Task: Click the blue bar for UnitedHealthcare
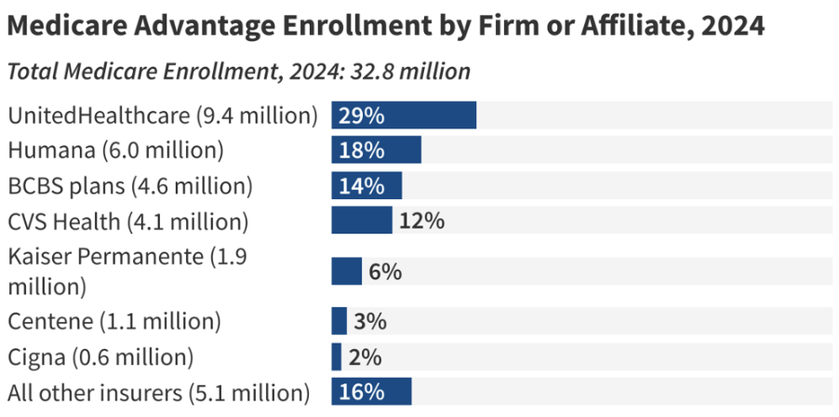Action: point(404,115)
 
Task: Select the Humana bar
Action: point(377,150)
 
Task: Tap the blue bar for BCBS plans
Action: point(366,185)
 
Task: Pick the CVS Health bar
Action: point(362,221)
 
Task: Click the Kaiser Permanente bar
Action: point(347,271)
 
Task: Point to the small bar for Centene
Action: point(340,321)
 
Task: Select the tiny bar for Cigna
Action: point(337,356)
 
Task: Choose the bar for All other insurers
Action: point(371,392)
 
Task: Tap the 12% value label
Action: point(421,222)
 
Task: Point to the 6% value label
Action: point(385,272)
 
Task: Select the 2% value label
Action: point(366,357)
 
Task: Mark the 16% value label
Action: point(362,392)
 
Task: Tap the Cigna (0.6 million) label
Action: point(100,357)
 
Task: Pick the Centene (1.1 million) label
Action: point(114,322)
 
